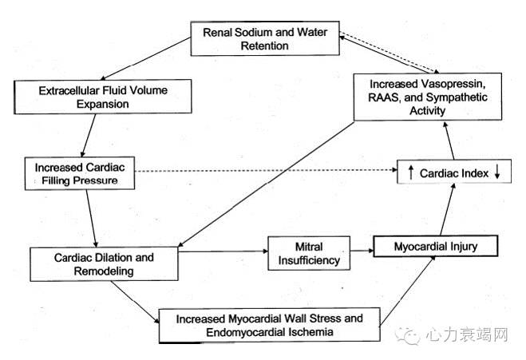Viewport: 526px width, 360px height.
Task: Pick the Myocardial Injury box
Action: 436,247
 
